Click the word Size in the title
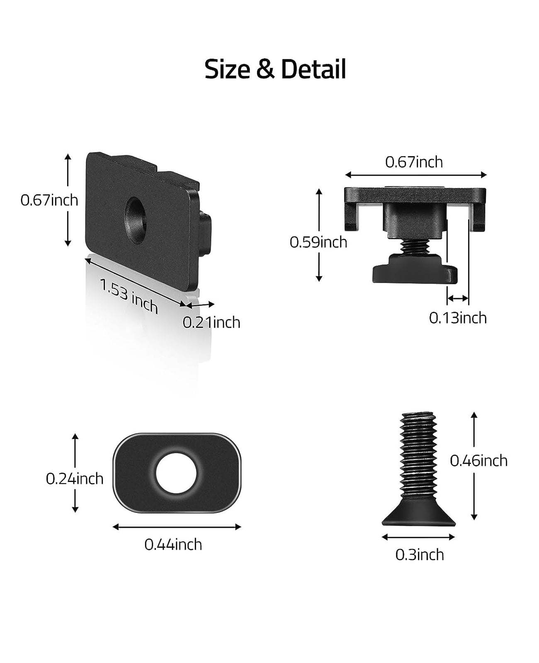pos(227,69)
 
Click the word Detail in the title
pos(313,69)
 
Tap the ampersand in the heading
pos(265,69)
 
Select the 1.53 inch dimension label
pos(129,296)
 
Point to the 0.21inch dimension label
pos(211,322)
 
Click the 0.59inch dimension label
pos(318,242)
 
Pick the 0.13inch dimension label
pos(458,318)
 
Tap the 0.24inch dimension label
pos(74,479)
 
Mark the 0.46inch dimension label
pos(478,461)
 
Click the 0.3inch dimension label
pos(420,555)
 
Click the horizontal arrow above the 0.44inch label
pos(177,527)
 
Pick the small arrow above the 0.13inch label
pos(458,298)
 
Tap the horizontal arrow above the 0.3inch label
pos(418,537)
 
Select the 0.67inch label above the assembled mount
pos(414,162)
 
